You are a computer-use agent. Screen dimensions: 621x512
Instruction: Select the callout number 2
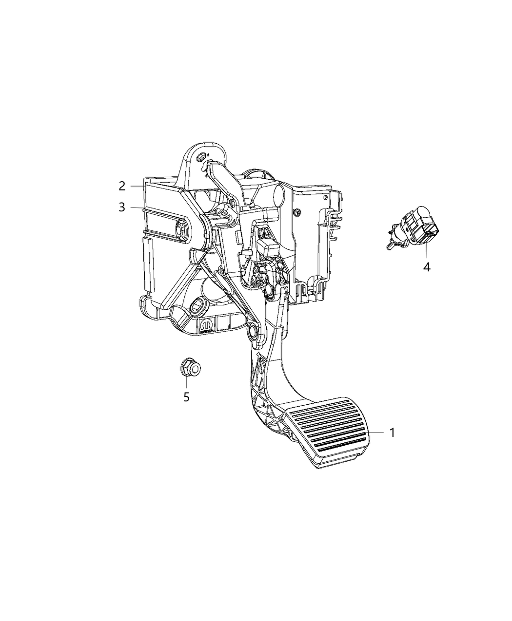click(x=122, y=186)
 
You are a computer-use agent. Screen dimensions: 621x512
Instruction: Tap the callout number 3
click(x=122, y=207)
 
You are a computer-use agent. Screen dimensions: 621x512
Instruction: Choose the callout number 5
click(x=186, y=397)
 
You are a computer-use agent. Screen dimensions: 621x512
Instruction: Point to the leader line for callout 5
click(x=186, y=383)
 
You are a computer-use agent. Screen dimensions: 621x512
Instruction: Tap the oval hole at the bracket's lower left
click(x=199, y=306)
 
